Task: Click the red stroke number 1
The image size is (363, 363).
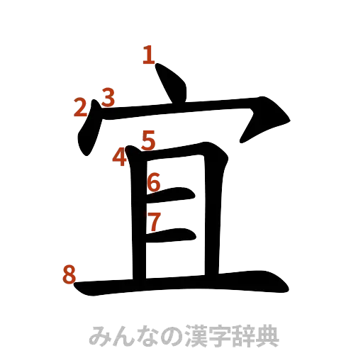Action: (x=148, y=55)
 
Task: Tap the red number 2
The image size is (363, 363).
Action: (x=82, y=108)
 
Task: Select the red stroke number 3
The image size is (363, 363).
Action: (x=108, y=97)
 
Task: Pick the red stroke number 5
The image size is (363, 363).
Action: (x=147, y=139)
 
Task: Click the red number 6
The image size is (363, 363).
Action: (x=154, y=182)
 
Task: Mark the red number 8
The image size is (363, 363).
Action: (x=69, y=273)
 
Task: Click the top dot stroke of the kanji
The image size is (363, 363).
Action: (x=171, y=83)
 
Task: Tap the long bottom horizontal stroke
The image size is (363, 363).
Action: (x=184, y=286)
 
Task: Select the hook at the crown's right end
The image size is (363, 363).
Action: (x=266, y=121)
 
